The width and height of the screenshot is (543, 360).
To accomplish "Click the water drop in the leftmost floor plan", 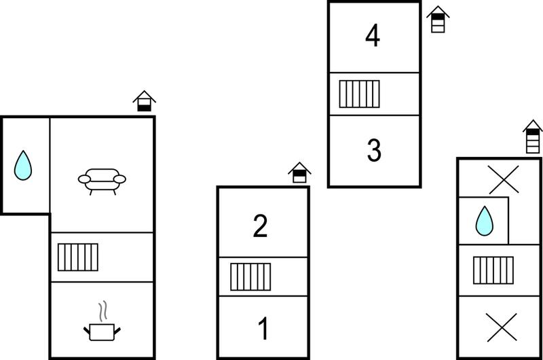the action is pos(23,166).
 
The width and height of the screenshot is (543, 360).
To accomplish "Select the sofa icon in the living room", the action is pos(102,181).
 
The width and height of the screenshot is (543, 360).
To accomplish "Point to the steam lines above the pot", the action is pos(103,311).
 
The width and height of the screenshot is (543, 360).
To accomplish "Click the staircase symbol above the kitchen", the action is pos(78,257).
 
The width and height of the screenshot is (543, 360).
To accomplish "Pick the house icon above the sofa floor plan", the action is pos(145,101).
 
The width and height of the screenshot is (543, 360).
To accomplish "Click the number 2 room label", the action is pos(260,226).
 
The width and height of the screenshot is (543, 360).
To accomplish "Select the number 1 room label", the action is pos(263,328).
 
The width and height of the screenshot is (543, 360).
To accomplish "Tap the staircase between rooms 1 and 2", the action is pos(250,276).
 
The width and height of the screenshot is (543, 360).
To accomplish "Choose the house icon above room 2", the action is pos(299,173).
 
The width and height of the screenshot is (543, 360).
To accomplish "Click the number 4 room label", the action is pos(373,36).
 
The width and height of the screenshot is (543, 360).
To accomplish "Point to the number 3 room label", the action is pos(374,150).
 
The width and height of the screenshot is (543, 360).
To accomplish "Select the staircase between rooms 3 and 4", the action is pos(360,94).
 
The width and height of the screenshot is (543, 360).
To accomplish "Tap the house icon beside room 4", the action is pos(438,19).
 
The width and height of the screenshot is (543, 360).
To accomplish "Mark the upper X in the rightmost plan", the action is pos(504,179).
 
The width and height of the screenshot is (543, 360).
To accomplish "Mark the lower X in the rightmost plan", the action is pos(502,327).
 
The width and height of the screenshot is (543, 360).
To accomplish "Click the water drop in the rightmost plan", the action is pos(484,221).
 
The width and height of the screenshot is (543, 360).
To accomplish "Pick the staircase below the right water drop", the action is pos(493,270).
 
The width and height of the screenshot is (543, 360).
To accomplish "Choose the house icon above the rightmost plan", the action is pos(533,137).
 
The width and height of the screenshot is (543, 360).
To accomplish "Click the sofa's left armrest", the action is pos(84,179).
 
